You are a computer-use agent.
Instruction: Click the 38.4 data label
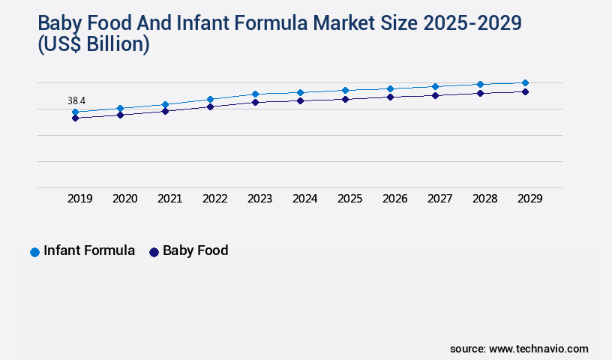76,100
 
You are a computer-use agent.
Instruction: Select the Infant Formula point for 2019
75,112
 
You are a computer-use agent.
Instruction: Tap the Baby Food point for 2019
75,118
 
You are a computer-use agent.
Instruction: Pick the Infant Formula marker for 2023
255,94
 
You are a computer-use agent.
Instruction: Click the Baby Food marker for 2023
255,102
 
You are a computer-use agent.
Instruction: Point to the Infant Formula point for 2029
525,82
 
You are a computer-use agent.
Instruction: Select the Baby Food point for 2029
525,91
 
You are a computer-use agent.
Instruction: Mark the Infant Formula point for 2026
390,88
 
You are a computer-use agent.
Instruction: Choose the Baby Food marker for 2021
165,111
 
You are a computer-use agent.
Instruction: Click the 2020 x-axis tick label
124,199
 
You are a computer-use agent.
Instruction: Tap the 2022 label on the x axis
214,199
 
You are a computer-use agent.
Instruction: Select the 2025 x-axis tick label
349,199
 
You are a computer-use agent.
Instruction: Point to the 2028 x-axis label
484,199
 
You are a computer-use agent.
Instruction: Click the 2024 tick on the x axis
304,199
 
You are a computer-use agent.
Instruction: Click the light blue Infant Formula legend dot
34,252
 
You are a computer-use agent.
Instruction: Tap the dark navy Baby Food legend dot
154,252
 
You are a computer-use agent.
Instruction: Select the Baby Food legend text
195,251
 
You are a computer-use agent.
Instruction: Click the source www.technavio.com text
519,349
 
